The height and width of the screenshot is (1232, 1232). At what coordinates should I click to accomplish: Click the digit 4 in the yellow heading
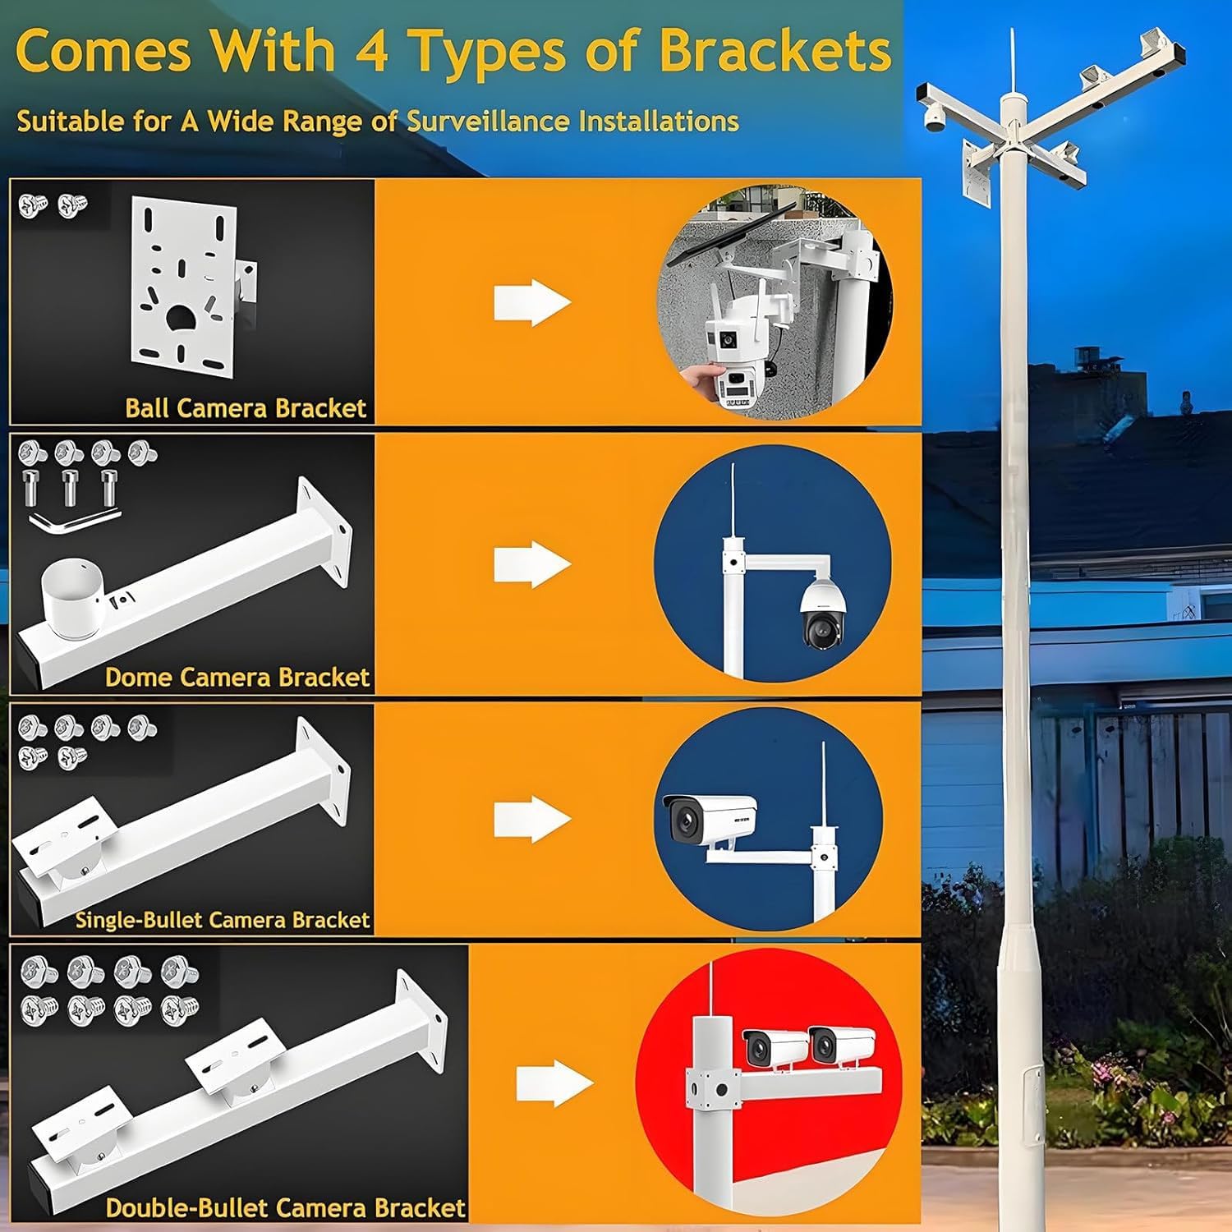click(x=371, y=51)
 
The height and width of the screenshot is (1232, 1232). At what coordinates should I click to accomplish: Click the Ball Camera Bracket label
click(x=246, y=408)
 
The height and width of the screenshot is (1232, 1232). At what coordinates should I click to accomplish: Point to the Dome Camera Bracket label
click(x=237, y=678)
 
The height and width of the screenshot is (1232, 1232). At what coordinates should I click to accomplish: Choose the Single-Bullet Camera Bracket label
click(x=223, y=920)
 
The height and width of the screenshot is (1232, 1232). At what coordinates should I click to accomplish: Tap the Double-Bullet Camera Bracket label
click(x=286, y=1208)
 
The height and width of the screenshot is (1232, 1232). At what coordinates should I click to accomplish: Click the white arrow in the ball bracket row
click(x=531, y=303)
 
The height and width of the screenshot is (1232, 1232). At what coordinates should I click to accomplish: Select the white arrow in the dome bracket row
click(x=531, y=564)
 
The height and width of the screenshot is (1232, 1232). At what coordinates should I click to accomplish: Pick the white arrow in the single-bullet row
click(x=531, y=820)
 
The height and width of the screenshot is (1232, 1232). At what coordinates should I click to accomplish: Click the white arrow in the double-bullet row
click(x=554, y=1083)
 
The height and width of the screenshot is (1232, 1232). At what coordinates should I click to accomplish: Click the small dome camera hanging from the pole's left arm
click(x=935, y=121)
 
